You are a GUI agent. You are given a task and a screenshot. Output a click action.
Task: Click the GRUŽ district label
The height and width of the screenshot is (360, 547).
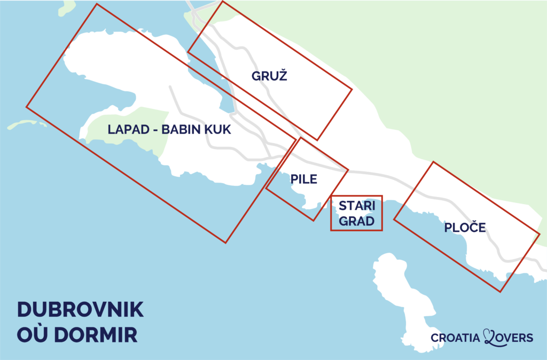(x=269, y=76)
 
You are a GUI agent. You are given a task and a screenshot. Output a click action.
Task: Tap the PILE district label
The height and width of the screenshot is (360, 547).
(x=304, y=179)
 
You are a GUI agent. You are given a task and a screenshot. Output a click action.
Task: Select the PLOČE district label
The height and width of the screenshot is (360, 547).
(x=465, y=228)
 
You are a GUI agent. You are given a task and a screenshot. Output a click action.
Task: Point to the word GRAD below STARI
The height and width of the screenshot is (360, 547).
(x=357, y=221)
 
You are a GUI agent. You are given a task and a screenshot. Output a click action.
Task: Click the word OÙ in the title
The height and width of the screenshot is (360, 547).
(x=33, y=335)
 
